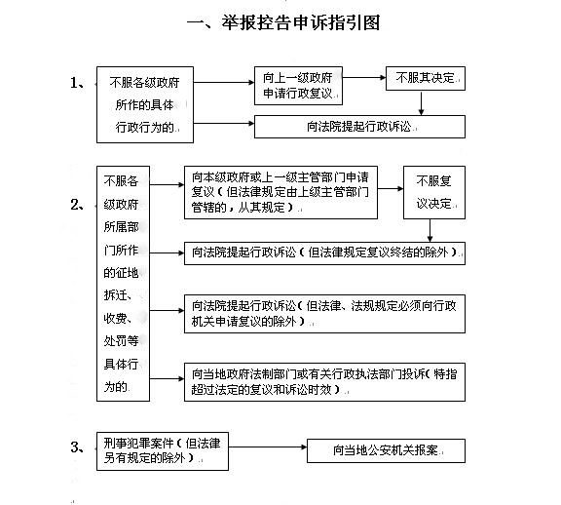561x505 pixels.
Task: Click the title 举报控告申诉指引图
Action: click(x=283, y=23)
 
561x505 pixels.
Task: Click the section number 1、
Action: click(x=78, y=83)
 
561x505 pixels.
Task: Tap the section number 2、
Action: click(x=78, y=205)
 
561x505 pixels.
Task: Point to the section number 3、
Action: click(x=78, y=447)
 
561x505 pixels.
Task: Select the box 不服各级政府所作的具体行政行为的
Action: click(x=145, y=104)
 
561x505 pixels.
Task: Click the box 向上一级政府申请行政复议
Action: click(x=298, y=86)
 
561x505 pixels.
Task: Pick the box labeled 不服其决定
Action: click(x=426, y=78)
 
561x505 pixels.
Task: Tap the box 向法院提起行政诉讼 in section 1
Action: click(x=359, y=127)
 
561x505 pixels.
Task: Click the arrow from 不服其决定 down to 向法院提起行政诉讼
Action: click(x=421, y=103)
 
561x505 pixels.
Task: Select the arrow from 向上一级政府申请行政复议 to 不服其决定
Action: click(x=364, y=77)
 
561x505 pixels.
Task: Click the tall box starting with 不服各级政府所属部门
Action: click(x=123, y=284)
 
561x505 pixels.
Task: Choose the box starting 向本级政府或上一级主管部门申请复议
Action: click(x=280, y=192)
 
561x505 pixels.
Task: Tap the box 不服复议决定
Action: click(x=434, y=192)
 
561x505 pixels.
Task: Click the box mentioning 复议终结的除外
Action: click(x=324, y=253)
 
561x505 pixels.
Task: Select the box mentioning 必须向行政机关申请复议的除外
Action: click(x=324, y=314)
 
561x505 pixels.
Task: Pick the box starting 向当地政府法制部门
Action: click(x=324, y=382)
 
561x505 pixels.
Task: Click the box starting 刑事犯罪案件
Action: click(x=163, y=451)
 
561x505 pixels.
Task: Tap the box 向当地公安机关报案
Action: click(x=386, y=450)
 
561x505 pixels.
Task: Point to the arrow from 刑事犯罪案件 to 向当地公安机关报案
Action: click(x=268, y=447)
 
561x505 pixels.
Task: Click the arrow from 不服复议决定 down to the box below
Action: click(x=430, y=230)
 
